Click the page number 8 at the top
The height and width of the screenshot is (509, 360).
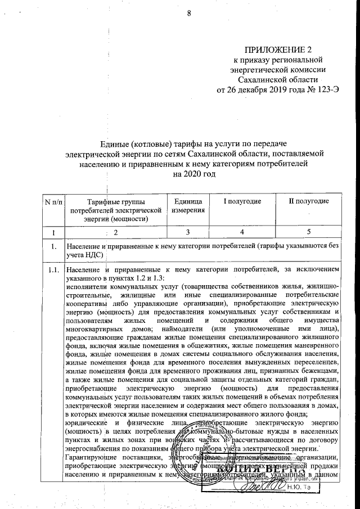point(189,13)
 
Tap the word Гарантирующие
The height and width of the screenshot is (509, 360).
point(89,456)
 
